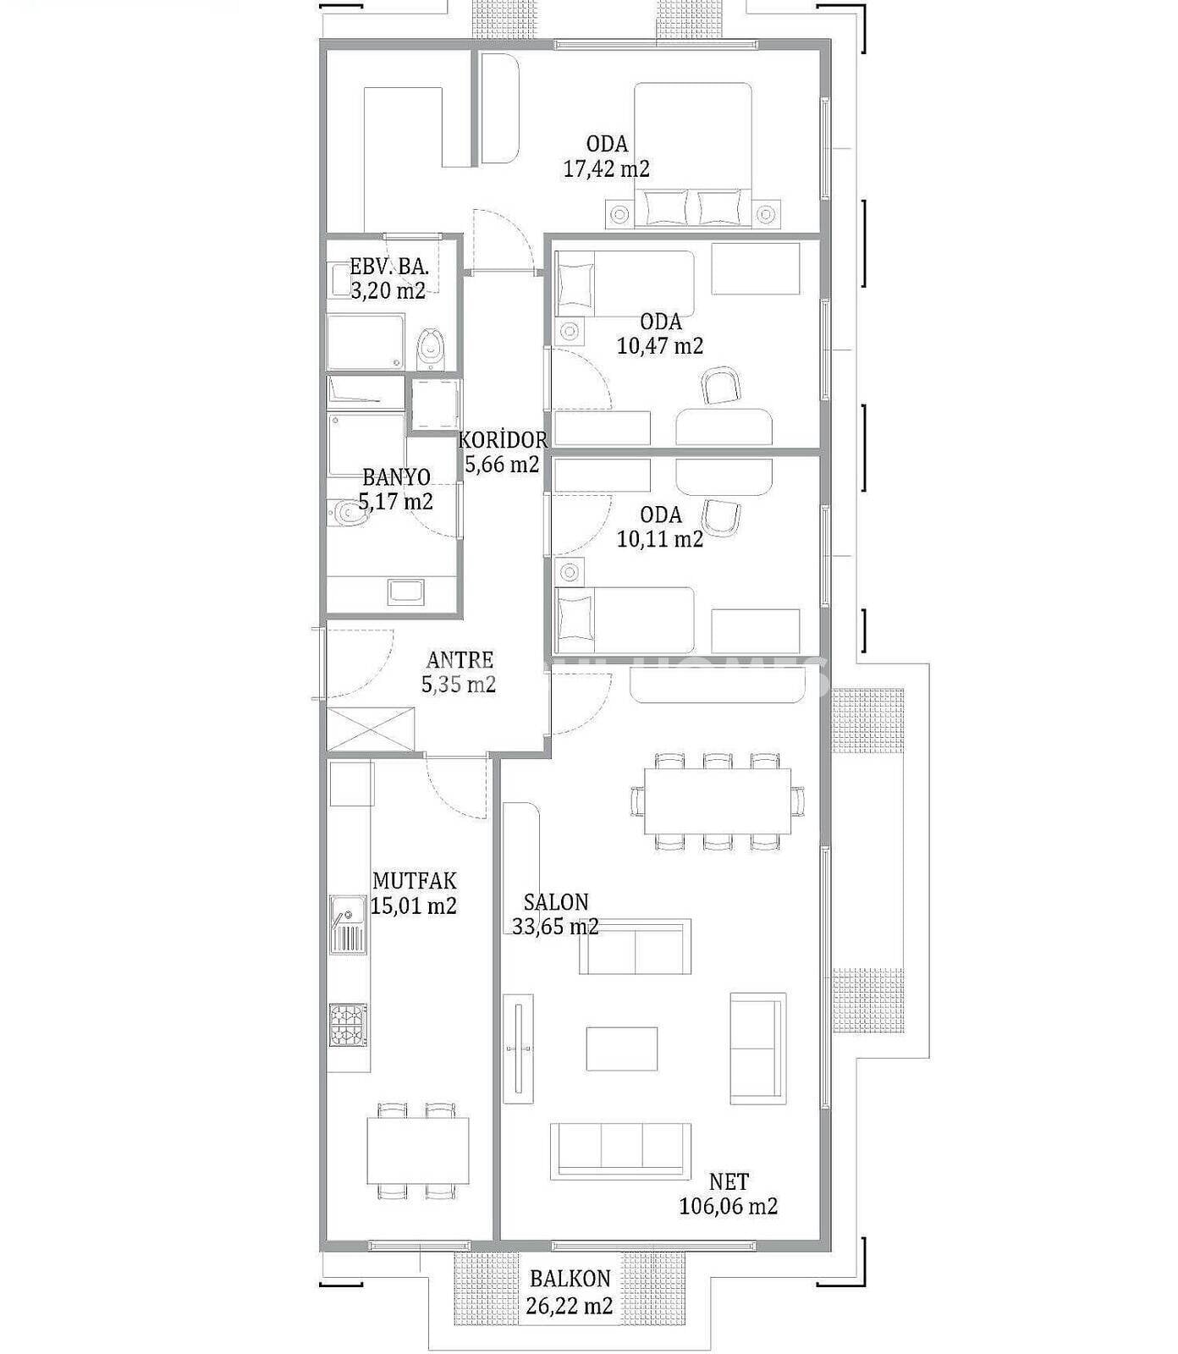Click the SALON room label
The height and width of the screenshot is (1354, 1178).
tap(556, 902)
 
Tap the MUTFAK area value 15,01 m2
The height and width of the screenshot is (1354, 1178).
tap(414, 906)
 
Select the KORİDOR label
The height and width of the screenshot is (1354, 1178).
tap(503, 440)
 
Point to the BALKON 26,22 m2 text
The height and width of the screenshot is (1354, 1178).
tap(570, 1292)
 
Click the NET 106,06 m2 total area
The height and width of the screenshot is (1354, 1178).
tap(729, 1194)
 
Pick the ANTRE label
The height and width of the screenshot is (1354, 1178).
tap(460, 660)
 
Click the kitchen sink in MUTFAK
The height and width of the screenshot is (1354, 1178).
tap(348, 924)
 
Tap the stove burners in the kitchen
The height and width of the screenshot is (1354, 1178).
tap(348, 1025)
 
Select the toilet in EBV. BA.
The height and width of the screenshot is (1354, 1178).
tap(431, 348)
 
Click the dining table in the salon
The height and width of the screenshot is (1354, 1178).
tap(718, 801)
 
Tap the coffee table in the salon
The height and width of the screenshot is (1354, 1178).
tap(622, 1049)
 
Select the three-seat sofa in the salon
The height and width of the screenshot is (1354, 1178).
tap(620, 1151)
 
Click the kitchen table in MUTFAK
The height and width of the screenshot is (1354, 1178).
tap(418, 1151)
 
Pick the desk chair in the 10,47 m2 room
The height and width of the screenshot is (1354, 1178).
tap(721, 386)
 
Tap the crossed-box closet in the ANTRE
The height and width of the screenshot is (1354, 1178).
tap(372, 729)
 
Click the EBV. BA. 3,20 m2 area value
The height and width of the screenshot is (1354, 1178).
tap(388, 291)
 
